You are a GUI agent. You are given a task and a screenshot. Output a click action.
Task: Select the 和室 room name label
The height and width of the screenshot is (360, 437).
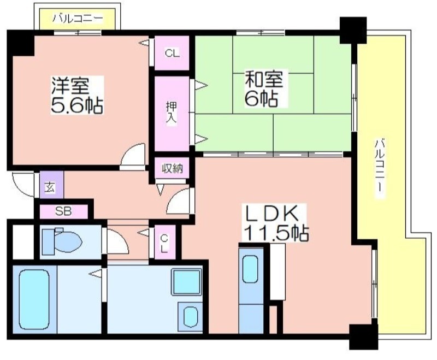(263, 80)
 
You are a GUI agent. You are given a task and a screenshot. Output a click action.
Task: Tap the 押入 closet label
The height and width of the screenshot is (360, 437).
(171, 113)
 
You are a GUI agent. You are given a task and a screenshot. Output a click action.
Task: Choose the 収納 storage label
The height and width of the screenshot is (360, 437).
(171, 169)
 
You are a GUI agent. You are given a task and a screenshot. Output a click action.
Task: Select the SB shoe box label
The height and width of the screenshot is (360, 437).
(62, 210)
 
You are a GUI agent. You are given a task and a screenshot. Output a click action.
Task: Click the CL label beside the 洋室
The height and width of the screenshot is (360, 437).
(171, 54)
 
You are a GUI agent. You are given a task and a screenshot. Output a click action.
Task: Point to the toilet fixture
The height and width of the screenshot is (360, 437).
(61, 240)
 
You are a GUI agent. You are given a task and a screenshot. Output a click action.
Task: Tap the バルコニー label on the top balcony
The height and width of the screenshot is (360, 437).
(77, 19)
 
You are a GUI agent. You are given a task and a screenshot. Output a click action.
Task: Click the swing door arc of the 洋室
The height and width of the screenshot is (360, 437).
(134, 156)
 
